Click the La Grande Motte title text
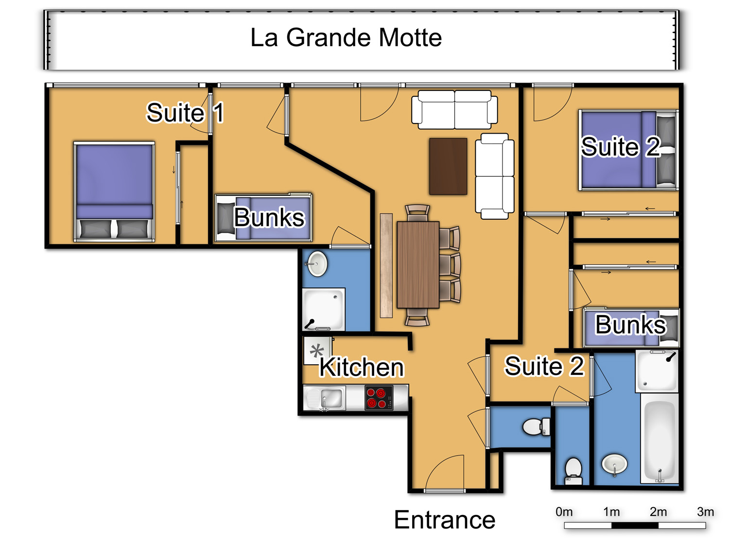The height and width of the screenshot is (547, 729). [x=346, y=37]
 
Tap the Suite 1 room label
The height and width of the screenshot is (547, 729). [x=185, y=113]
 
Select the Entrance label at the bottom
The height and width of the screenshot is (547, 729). [x=444, y=520]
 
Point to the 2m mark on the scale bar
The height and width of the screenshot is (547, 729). [x=658, y=512]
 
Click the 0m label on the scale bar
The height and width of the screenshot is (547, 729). [x=564, y=512]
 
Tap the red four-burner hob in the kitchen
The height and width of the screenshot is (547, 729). [x=379, y=398]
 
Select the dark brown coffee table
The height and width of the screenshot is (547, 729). [x=448, y=166]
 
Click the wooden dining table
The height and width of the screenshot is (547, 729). [x=418, y=265]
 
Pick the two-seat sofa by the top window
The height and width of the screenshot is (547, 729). [x=454, y=109]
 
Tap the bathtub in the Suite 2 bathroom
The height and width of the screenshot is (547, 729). [x=659, y=439]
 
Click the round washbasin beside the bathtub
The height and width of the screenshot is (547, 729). [x=614, y=464]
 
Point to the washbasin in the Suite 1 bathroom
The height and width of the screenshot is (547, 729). [x=317, y=264]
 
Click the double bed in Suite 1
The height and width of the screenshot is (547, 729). [x=114, y=192]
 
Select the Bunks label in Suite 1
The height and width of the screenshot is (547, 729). [x=269, y=217]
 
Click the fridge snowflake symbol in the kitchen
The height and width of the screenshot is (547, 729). [x=316, y=351]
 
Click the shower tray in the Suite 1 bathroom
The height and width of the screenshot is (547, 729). [x=324, y=310]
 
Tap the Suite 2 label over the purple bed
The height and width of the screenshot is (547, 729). [x=620, y=146]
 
